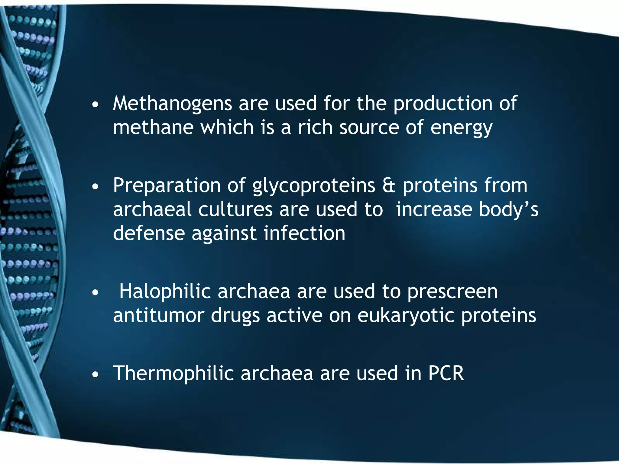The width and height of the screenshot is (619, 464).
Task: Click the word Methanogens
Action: (172, 104)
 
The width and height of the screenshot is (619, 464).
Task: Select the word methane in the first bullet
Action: (153, 127)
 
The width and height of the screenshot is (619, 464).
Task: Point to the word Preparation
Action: (167, 185)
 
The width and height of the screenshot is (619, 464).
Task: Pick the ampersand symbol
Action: (389, 185)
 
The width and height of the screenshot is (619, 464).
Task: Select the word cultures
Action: (235, 209)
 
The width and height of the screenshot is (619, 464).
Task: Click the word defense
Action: (149, 233)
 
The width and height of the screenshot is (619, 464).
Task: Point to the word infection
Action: (304, 233)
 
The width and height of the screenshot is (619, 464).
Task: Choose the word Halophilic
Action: (165, 292)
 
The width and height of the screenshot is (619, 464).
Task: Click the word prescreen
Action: (452, 292)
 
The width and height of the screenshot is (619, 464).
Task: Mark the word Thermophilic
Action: (173, 373)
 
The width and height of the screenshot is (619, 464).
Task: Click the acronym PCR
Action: (446, 373)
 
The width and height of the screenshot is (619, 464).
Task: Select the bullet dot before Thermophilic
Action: (96, 375)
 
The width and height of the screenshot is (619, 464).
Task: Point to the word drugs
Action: (235, 316)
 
